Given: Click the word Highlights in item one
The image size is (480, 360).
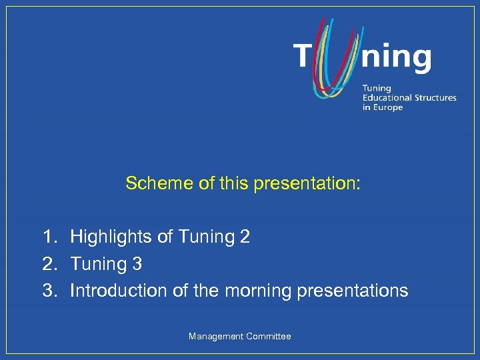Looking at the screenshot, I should (105, 237).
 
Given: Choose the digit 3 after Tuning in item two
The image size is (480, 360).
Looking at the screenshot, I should (137, 264).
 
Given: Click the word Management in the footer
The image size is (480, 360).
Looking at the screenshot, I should (216, 337).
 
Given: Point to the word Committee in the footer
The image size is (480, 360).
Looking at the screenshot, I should (269, 337).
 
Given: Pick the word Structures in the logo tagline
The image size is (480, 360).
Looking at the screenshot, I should (435, 97).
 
